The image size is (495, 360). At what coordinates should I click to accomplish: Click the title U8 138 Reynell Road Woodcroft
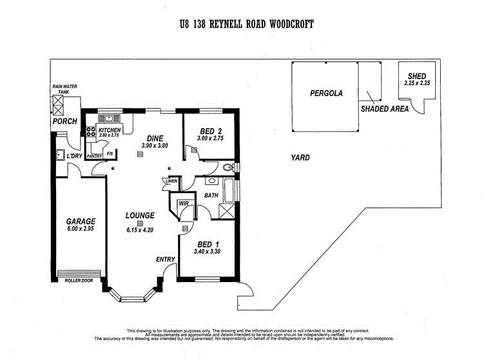click(x=247, y=24)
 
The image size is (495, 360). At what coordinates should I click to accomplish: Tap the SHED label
click(x=417, y=76)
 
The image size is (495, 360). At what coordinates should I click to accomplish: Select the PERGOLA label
click(x=326, y=93)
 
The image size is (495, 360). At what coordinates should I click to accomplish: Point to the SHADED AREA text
click(x=385, y=109)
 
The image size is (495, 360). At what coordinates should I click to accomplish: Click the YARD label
click(x=300, y=157)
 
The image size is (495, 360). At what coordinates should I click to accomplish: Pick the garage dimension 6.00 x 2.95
click(x=81, y=229)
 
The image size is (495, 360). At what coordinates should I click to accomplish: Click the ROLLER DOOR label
click(x=79, y=280)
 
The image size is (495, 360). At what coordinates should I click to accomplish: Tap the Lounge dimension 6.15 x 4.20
click(x=140, y=230)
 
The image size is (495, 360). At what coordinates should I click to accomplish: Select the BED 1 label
click(x=208, y=244)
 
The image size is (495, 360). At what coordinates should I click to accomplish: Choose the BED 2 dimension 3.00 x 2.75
click(x=210, y=138)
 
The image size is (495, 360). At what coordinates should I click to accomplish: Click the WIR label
click(x=184, y=204)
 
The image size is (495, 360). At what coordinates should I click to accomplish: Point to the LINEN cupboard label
click(x=171, y=181)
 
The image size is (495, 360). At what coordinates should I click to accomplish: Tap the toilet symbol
click(x=228, y=167)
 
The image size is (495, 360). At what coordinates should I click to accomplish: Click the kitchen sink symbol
click(x=109, y=118)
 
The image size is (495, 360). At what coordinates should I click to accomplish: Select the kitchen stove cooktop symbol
click(x=91, y=131)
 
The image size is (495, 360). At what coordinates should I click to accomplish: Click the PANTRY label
click(x=94, y=156)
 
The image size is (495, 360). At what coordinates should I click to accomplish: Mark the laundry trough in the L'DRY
click(x=60, y=155)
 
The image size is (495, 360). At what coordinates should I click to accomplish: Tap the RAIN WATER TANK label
click(x=64, y=89)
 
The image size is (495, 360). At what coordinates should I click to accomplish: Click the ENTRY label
click(x=166, y=260)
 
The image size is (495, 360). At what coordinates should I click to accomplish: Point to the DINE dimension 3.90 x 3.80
click(x=155, y=146)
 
